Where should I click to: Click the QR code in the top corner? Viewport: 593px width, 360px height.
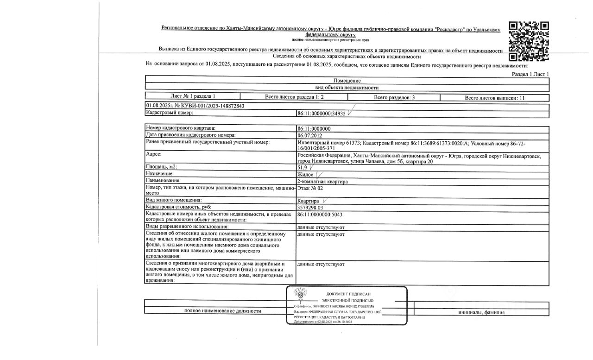[529, 41]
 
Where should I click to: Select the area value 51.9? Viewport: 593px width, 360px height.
[302, 167]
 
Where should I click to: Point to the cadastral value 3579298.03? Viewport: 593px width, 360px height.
[313, 208]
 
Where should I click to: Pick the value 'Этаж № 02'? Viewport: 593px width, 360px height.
[310, 189]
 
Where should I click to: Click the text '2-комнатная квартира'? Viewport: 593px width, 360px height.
[322, 182]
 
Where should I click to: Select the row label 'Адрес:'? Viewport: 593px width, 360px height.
[154, 154]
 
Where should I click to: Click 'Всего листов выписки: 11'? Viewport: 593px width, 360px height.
[494, 98]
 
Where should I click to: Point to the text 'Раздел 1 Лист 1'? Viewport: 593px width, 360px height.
[530, 74]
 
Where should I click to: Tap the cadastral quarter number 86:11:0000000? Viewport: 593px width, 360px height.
[314, 129]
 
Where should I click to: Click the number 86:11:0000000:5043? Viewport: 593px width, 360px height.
[320, 215]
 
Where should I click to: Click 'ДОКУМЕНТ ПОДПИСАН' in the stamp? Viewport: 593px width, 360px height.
[348, 294]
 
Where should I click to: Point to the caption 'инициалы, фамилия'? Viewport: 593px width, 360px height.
[481, 312]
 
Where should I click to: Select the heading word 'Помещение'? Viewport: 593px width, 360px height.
[347, 81]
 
